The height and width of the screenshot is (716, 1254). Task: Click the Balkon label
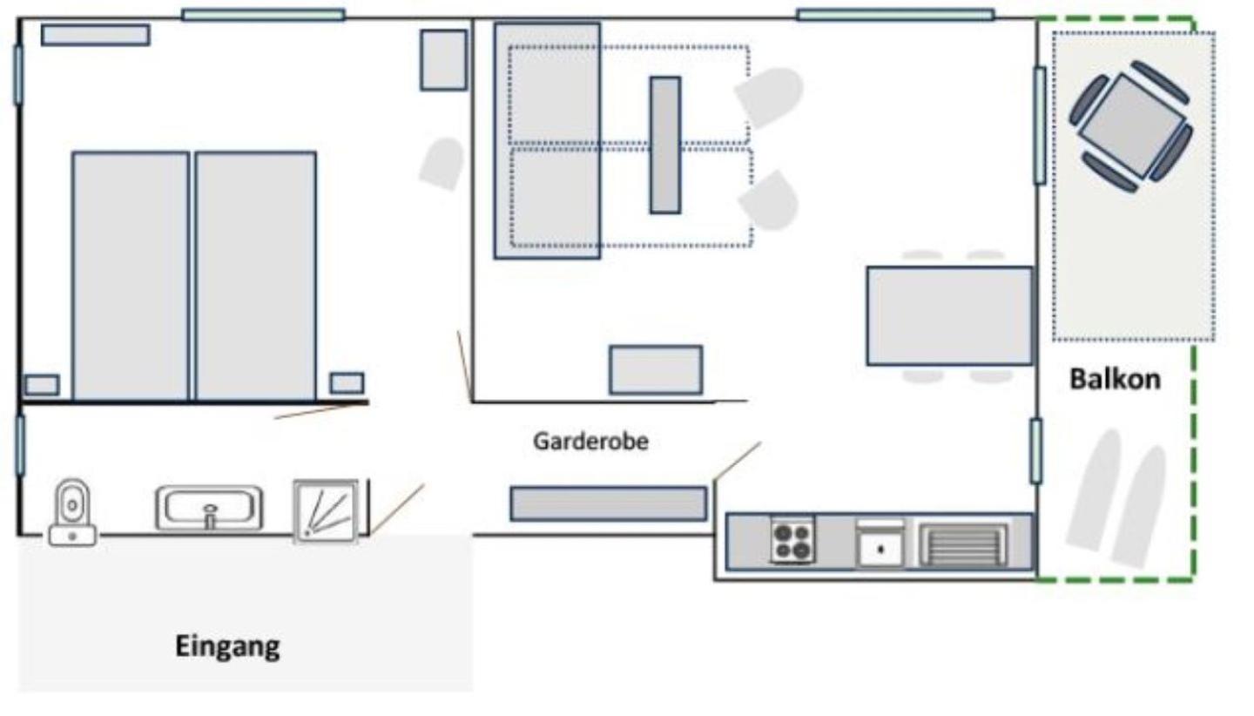click(1116, 379)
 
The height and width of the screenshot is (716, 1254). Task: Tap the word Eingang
click(227, 646)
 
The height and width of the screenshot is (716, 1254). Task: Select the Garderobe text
click(590, 441)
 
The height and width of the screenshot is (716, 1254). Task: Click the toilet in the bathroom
click(72, 512)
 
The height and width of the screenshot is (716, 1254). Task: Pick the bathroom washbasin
click(209, 508)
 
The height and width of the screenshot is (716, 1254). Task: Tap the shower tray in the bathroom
click(326, 510)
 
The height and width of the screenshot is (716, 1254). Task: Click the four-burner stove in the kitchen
click(792, 540)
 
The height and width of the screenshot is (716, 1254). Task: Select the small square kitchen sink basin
click(880, 549)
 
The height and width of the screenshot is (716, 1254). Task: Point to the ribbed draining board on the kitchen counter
click(963, 544)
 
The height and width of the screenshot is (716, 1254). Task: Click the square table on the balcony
click(1131, 126)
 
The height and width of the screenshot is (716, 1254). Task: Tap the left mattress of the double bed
click(131, 276)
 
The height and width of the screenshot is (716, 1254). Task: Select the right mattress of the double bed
click(256, 276)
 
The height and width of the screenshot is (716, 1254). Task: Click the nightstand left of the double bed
click(42, 385)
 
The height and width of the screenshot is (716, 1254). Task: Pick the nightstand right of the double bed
click(347, 383)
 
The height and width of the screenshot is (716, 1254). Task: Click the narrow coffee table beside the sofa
click(665, 145)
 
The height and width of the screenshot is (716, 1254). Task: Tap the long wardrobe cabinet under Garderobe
click(609, 503)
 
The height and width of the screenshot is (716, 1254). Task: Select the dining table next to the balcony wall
click(950, 316)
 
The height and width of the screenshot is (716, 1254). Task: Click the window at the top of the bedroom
click(263, 15)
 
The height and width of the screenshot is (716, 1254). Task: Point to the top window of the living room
click(896, 15)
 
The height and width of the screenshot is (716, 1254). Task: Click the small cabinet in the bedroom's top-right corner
click(444, 60)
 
